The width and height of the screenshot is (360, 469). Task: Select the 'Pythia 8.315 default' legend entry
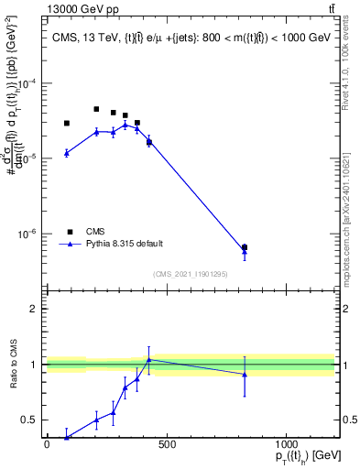[124, 244]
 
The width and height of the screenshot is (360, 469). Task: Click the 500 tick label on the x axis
[166, 446]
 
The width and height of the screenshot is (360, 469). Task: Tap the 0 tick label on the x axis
[47, 446]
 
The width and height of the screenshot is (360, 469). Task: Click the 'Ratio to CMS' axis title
[12, 365]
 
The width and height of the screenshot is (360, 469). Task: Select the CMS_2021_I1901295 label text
[190, 274]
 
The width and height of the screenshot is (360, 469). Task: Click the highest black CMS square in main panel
[96, 109]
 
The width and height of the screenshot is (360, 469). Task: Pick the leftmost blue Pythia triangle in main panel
[67, 153]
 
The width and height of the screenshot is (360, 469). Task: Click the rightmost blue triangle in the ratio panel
[245, 374]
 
